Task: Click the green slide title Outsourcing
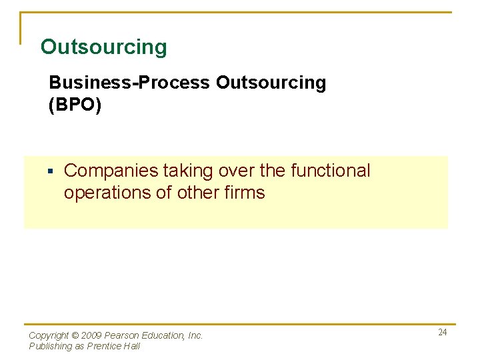tap(104, 47)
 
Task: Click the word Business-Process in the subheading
tap(129, 83)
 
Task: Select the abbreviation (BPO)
tap(75, 106)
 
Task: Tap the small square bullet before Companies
tap(50, 172)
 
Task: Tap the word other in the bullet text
tap(194, 193)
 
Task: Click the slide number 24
tap(443, 332)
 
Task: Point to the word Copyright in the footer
tap(49, 336)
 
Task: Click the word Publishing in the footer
tap(51, 346)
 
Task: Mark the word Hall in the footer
tap(133, 346)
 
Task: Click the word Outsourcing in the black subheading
tap(271, 83)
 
